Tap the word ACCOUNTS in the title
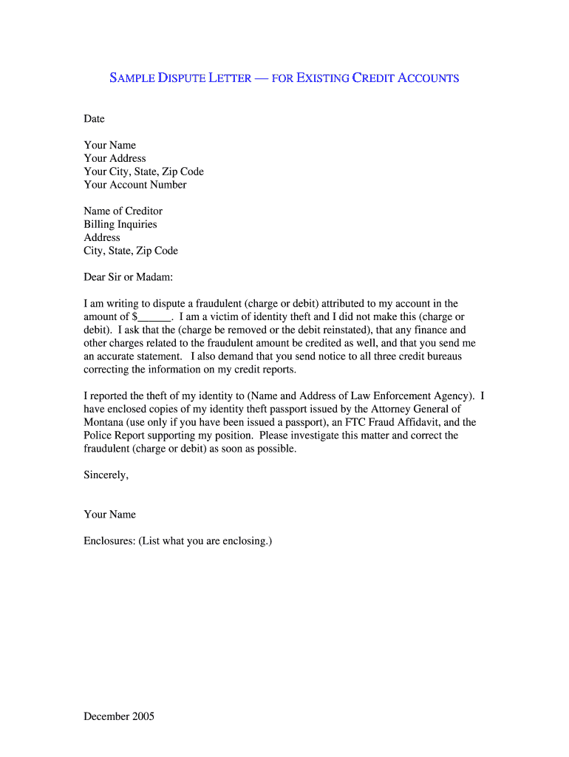click(429, 78)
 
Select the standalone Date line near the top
click(95, 119)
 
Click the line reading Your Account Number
click(135, 185)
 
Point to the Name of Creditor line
click(123, 211)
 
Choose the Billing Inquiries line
click(120, 225)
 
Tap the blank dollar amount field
click(154, 317)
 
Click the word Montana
click(104, 422)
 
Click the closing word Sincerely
click(106, 475)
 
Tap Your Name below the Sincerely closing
click(110, 515)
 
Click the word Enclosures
click(109, 541)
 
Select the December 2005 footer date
click(119, 716)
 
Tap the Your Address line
click(115, 158)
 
